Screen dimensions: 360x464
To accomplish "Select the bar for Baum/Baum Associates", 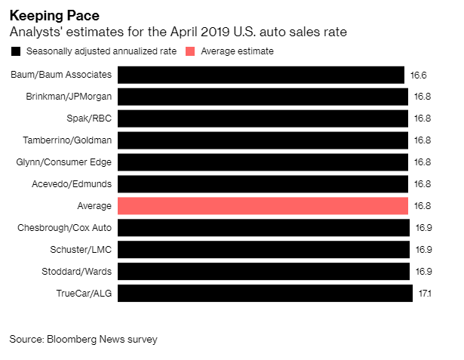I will [x=261, y=75].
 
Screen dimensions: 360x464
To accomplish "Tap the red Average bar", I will [x=263, y=205].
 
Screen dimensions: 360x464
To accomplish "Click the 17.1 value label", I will [x=425, y=293].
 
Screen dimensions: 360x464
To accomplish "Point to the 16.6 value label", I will [x=419, y=75].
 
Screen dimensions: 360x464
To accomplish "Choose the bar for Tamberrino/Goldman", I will [x=263, y=140].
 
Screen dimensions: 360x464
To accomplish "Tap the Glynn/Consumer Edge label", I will [x=64, y=162].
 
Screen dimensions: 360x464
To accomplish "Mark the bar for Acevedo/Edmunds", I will [x=263, y=183].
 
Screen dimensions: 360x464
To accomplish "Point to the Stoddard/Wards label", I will [x=75, y=271].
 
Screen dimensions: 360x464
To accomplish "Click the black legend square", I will [x=16, y=51].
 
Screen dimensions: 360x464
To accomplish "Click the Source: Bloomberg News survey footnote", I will [x=83, y=339].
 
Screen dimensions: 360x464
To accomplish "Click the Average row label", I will [x=94, y=205].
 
